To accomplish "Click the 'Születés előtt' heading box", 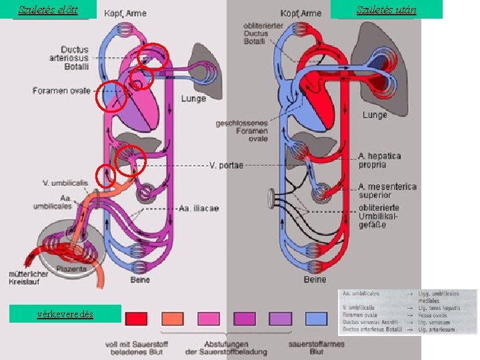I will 49,9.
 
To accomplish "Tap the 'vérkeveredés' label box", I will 65,314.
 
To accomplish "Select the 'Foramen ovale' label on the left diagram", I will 61,91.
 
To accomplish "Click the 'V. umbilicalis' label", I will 65,183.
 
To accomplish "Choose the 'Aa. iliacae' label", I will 199,209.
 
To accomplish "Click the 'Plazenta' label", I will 71,269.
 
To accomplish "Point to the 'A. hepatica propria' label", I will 380,160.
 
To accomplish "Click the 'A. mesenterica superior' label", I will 387,191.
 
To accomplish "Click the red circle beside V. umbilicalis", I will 105,176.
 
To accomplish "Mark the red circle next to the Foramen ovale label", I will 111,96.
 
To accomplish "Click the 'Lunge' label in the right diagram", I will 375,115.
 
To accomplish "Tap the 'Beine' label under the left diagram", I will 140,280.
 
